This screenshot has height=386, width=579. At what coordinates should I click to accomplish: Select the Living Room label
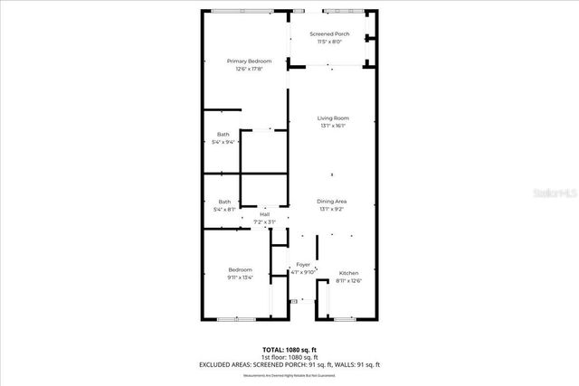pyautogui.click(x=333, y=118)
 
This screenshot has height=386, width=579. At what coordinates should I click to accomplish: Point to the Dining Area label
pyautogui.click(x=333, y=201)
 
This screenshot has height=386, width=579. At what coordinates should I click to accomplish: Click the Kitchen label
pyautogui.click(x=348, y=273)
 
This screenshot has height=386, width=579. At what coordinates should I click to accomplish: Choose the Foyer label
pyautogui.click(x=303, y=265)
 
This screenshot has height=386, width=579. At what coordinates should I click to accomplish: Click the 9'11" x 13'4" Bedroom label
pyautogui.click(x=240, y=270)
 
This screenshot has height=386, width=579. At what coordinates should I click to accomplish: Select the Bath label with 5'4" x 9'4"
pyautogui.click(x=223, y=135)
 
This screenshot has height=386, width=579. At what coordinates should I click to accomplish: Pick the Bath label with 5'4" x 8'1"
pyautogui.click(x=223, y=202)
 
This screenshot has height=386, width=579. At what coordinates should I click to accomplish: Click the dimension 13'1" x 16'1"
pyautogui.click(x=333, y=127)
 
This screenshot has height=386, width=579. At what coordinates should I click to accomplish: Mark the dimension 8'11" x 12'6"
pyautogui.click(x=348, y=281)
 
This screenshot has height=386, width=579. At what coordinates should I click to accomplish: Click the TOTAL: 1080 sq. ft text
pyautogui.click(x=289, y=349)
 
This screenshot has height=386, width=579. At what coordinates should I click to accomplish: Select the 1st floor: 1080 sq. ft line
pyautogui.click(x=289, y=356)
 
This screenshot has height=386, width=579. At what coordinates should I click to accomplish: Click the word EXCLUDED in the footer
pyautogui.click(x=218, y=364)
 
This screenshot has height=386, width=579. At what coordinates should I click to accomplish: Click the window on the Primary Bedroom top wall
pyautogui.click(x=241, y=11)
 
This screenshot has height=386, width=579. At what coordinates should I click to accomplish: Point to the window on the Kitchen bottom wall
pyautogui.click(x=344, y=319)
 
